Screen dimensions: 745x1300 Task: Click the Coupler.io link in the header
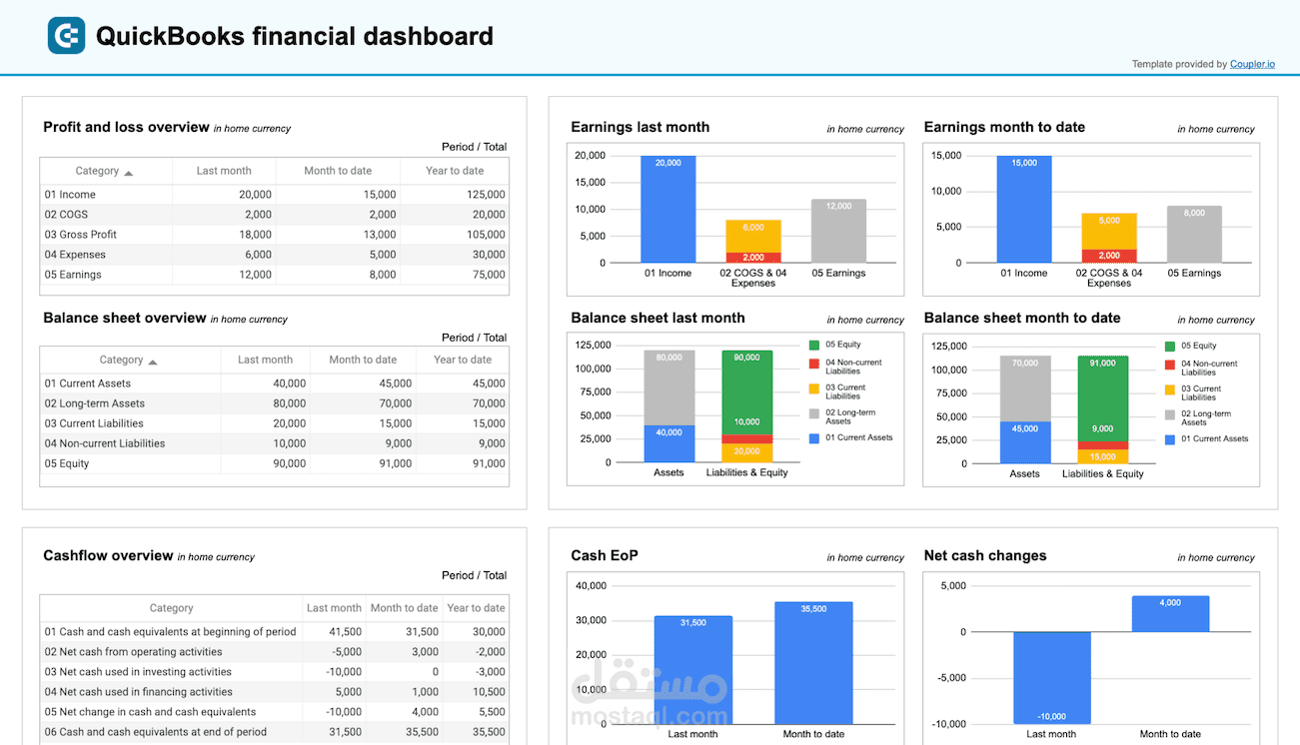(1252, 64)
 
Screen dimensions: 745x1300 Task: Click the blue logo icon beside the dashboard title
(66, 36)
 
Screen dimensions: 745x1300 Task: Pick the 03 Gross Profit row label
(81, 235)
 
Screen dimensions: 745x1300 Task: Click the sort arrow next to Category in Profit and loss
(129, 173)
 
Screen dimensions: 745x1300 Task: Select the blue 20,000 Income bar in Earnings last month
(667, 210)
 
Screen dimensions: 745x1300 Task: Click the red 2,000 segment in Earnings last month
(753, 257)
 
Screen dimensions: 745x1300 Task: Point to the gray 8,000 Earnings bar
(1194, 235)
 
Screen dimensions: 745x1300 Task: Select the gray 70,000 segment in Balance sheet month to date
(1024, 387)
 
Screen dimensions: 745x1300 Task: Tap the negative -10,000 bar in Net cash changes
(1051, 679)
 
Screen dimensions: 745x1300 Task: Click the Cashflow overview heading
(108, 556)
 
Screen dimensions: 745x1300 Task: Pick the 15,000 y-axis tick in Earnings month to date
(945, 156)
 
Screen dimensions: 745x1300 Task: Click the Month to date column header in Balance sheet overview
(363, 360)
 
